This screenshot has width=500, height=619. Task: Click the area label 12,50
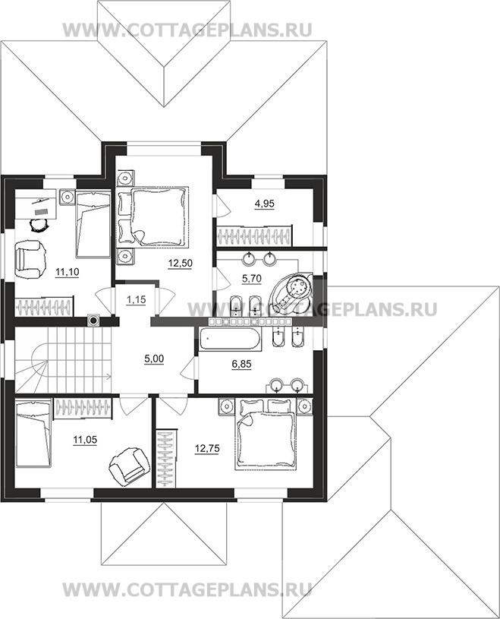(180, 264)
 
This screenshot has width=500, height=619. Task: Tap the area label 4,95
(265, 204)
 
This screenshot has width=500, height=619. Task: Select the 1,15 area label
(137, 300)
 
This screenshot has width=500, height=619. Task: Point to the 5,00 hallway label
(154, 358)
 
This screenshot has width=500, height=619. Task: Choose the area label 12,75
(207, 448)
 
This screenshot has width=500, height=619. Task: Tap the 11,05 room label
(85, 440)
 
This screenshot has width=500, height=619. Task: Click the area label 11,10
(67, 272)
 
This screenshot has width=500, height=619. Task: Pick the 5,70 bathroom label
(252, 279)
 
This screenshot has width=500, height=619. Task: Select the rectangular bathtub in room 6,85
(229, 339)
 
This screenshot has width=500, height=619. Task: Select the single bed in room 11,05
(33, 434)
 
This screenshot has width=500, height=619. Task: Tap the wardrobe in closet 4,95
(255, 235)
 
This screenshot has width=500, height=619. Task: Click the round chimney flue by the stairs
(93, 321)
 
